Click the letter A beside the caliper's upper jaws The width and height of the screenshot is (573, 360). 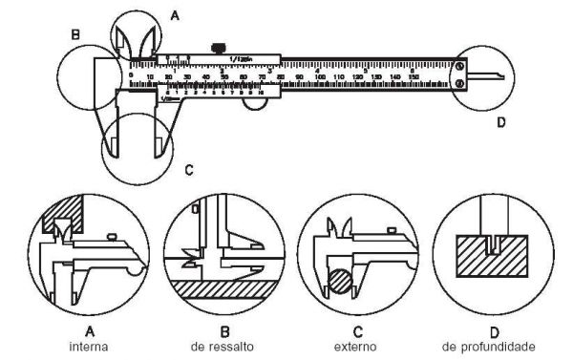(x=174, y=15)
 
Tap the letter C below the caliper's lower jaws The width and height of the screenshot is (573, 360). (x=189, y=170)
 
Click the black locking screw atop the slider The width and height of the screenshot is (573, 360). (x=219, y=45)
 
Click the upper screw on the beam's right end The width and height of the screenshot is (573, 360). (x=460, y=66)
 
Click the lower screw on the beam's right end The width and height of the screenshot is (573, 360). (x=460, y=83)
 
